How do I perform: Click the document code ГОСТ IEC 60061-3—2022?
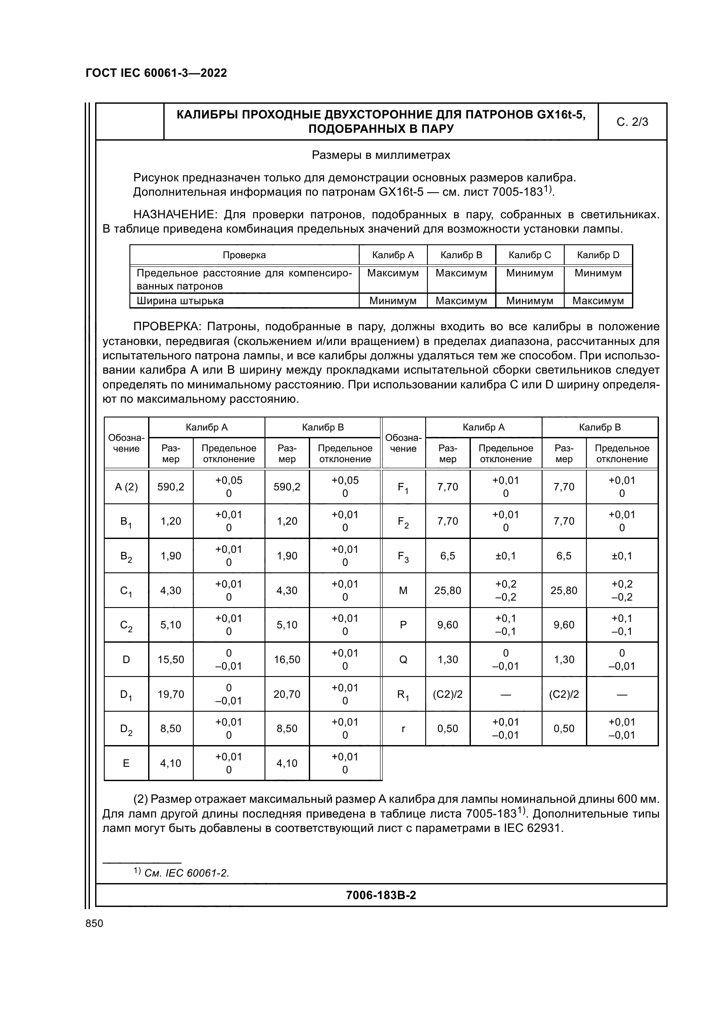tap(156, 73)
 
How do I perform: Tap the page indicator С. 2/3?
tap(632, 122)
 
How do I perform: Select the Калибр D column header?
tap(598, 255)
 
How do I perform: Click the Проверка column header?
tap(244, 255)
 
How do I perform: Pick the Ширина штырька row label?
tap(180, 301)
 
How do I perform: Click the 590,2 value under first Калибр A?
tap(171, 487)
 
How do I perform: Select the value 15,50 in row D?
tap(171, 660)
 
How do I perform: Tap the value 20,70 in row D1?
tap(287, 694)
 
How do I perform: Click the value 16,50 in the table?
tap(287, 660)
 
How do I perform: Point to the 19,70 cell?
tap(171, 694)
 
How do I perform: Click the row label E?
tap(126, 763)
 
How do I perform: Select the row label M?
tap(403, 591)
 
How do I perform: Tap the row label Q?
tap(403, 660)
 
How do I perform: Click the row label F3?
tap(403, 556)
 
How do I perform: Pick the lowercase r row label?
tap(403, 729)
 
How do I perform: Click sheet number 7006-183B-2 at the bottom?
tap(381, 895)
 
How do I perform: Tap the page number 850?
tap(94, 923)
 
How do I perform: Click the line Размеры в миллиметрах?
tap(381, 155)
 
